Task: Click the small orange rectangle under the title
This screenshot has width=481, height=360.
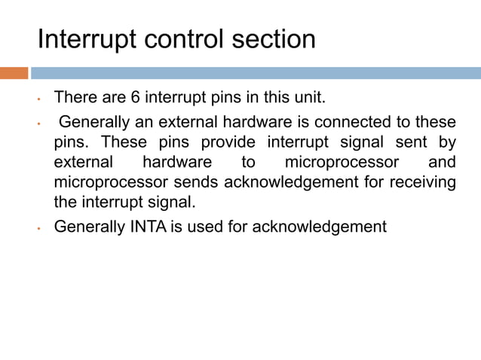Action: pyautogui.click(x=14, y=73)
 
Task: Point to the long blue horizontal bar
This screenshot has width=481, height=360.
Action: pyautogui.click(x=256, y=73)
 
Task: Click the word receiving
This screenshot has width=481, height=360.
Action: pyautogui.click(x=418, y=182)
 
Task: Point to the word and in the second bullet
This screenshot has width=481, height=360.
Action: pyautogui.click(x=442, y=162)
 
